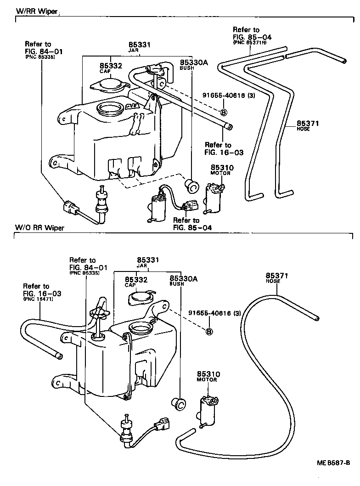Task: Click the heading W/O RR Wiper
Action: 39,227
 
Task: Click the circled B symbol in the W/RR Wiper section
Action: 224,113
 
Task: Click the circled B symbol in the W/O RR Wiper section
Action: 209,331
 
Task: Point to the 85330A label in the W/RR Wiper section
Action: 194,62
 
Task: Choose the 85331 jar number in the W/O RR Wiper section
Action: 148,260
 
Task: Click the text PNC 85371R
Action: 249,42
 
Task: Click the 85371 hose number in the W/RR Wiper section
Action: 308,123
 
